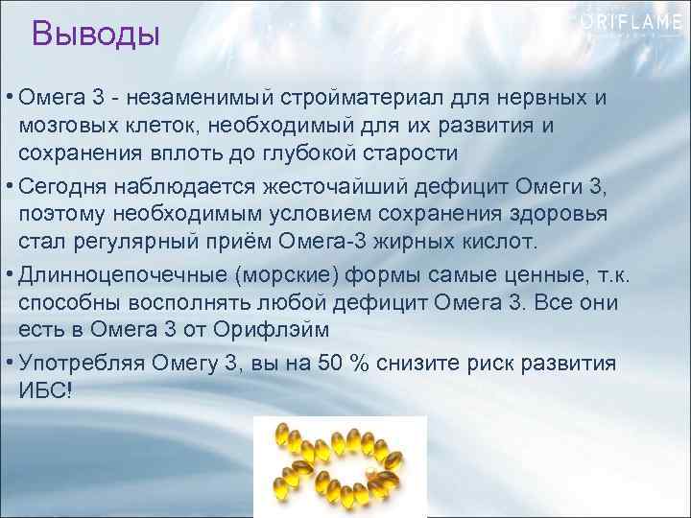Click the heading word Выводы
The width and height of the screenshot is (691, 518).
pyautogui.click(x=95, y=35)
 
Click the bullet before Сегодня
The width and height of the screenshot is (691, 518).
pyautogui.click(x=9, y=180)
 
